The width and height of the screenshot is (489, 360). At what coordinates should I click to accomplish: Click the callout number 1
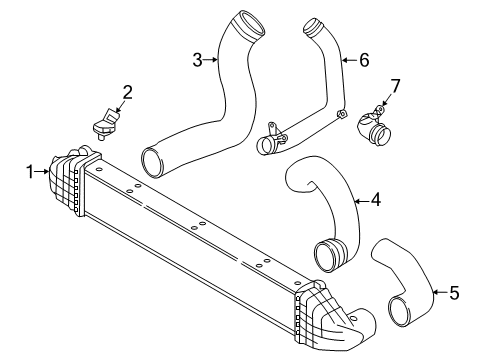pos(29,171)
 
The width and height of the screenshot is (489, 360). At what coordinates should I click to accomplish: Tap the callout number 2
pos(127,93)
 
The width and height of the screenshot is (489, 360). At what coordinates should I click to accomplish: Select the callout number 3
pos(198,60)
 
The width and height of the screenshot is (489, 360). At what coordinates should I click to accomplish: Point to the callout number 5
pos(454,293)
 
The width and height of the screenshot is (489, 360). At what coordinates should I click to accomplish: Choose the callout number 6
pos(363,60)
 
